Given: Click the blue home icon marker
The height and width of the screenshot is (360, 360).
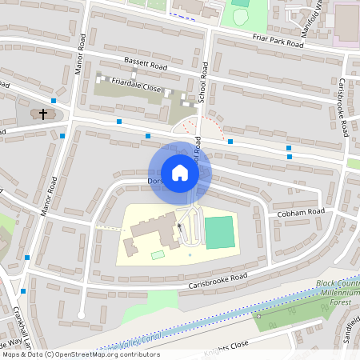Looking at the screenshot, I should [x=180, y=173].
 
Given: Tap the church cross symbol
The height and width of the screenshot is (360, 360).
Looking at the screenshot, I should [x=42, y=114].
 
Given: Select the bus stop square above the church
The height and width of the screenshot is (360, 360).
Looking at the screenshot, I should [x=54, y=101].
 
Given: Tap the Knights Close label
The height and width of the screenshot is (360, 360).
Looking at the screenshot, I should [x=231, y=346].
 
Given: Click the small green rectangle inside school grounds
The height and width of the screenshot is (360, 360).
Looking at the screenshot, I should [x=158, y=254].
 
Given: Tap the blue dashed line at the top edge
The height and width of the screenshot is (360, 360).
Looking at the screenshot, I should [x=183, y=15].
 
